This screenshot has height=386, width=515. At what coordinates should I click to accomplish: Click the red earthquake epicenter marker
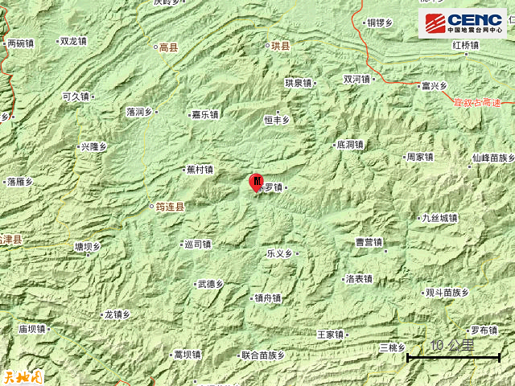[257, 182]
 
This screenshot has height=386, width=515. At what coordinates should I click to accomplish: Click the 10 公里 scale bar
[453, 351]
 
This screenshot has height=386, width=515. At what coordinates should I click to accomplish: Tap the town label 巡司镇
[197, 244]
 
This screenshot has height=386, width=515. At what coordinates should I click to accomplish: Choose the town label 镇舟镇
[267, 298]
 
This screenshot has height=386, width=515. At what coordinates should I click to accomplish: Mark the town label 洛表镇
[358, 279]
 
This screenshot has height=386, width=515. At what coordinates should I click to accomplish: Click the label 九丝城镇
[439, 218]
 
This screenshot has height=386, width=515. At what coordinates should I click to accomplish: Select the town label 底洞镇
[349, 146]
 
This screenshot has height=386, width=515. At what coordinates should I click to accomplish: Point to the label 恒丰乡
[276, 120]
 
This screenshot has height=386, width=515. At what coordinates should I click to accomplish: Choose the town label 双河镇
[356, 80]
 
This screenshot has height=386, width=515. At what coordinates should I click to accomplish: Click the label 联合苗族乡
[262, 355]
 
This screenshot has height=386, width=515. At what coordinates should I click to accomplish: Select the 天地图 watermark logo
[22, 376]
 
